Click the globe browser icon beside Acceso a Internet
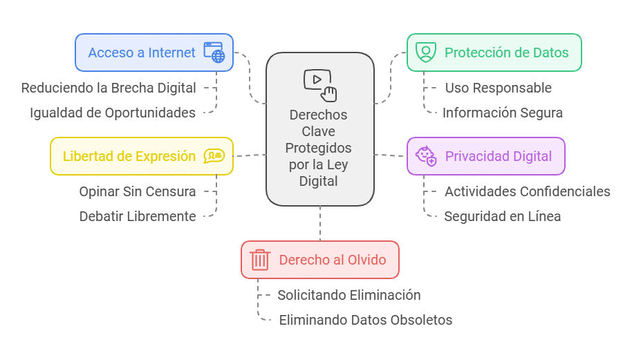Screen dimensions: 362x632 (214, 53)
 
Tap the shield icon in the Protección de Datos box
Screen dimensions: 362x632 (425, 53)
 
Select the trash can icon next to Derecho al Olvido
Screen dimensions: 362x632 (260, 260)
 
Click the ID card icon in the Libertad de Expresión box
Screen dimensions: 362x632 (214, 156)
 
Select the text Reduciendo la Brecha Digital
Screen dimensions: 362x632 (109, 88)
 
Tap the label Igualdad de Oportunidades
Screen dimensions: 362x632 (113, 113)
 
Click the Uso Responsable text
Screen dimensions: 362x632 (498, 88)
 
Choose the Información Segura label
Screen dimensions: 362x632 (503, 113)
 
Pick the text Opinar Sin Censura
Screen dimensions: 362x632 (138, 191)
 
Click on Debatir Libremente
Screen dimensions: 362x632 (138, 216)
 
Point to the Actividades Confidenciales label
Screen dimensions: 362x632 (528, 191)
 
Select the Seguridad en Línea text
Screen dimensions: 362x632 (503, 216)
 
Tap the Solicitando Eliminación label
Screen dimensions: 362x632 (349, 295)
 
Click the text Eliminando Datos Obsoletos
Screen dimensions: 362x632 (366, 320)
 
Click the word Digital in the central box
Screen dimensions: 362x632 (319, 182)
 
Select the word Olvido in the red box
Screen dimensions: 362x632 (366, 260)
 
